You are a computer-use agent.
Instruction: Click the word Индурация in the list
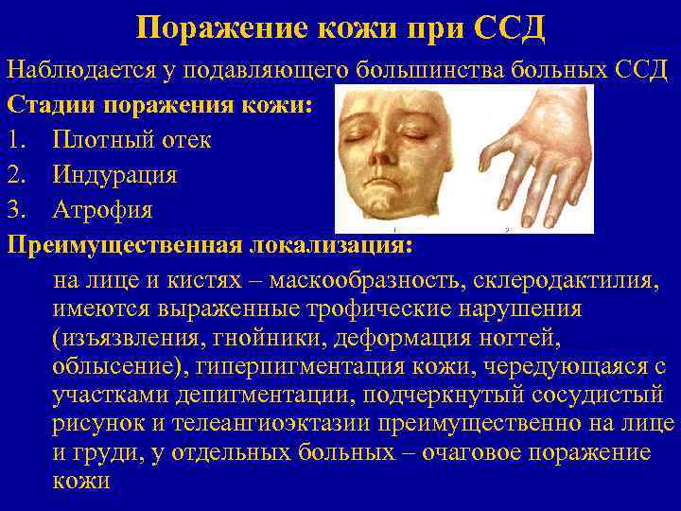tap(115, 175)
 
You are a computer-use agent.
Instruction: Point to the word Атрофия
tap(103, 209)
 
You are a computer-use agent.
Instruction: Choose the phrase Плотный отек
tap(132, 140)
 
